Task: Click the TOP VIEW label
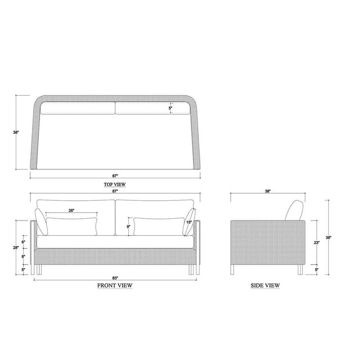point(115,184)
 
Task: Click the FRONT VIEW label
point(115,285)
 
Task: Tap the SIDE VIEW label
point(265,285)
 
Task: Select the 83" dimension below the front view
point(115,278)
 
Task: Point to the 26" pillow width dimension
point(71,210)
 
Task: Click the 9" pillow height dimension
point(129,227)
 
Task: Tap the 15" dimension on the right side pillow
point(189,222)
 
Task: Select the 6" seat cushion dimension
point(23,242)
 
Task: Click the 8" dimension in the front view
point(23,256)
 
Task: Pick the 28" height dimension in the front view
point(16,247)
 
